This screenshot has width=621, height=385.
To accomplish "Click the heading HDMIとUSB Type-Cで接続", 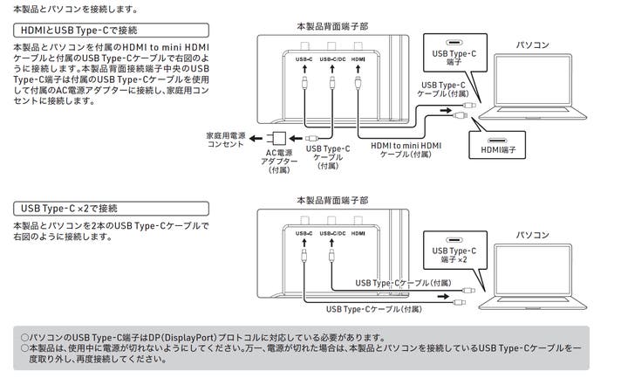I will click(x=65, y=31).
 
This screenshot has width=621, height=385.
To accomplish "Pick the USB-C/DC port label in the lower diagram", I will click(x=332, y=233).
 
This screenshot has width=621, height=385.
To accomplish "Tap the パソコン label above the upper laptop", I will click(x=533, y=43).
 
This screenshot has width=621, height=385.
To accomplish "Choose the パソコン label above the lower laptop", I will click(x=533, y=235).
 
